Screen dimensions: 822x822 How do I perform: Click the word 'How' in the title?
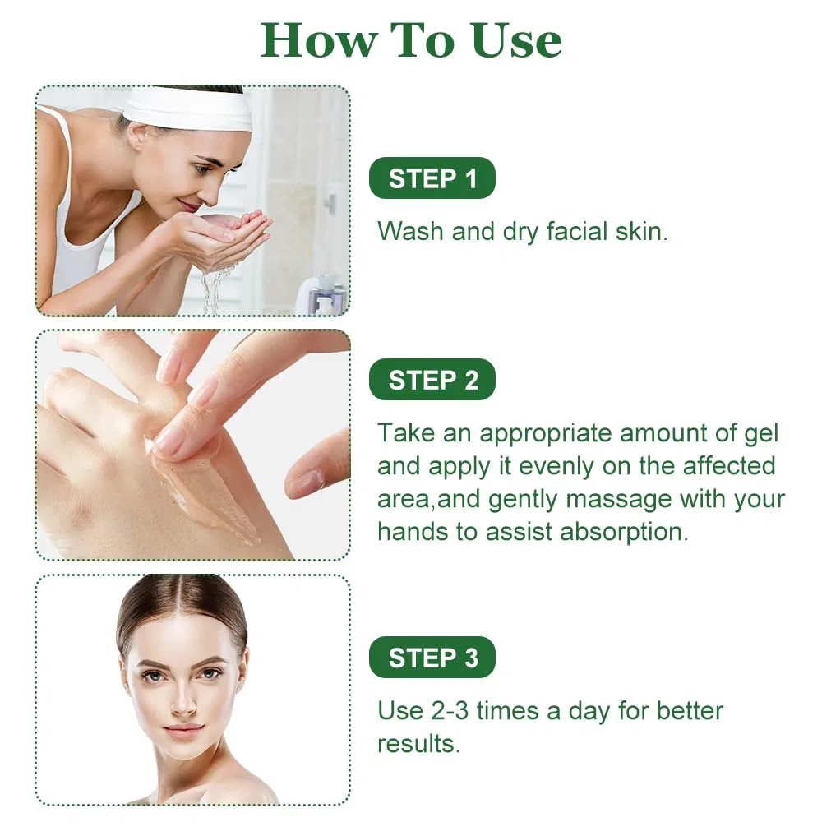(319, 40)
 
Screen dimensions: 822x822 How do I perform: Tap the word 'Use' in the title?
(516, 40)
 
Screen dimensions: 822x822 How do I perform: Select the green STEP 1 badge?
(432, 178)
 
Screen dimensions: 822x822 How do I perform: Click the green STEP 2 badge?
(432, 380)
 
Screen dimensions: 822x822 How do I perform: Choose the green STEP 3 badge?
(432, 658)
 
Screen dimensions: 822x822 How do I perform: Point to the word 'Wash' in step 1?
(410, 231)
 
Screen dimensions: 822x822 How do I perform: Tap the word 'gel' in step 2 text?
(761, 434)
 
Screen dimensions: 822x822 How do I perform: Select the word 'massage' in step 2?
(619, 500)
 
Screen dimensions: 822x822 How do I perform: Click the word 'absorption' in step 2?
(624, 532)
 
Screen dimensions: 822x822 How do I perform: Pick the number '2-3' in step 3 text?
(450, 711)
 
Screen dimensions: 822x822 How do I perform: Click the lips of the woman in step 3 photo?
(183, 730)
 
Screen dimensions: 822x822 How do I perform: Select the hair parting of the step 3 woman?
(181, 595)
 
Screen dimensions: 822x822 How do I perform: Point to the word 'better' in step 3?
(690, 711)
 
